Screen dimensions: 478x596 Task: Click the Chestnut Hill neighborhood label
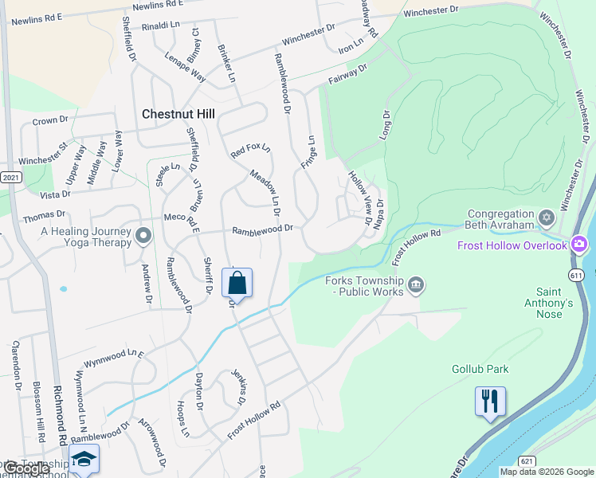point(178,114)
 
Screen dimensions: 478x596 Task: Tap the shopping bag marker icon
point(237,283)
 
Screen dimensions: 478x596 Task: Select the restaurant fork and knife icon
point(490,401)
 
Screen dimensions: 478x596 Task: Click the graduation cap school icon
point(84,460)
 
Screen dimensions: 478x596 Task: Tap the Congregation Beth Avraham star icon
point(547,217)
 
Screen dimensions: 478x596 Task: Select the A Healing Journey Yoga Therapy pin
point(143,235)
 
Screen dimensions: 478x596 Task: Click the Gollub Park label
point(480,369)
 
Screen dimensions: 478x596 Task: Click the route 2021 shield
point(10,177)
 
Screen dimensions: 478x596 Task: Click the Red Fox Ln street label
point(250,149)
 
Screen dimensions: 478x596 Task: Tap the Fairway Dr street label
point(347,76)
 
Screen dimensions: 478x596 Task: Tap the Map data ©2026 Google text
point(546,472)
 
